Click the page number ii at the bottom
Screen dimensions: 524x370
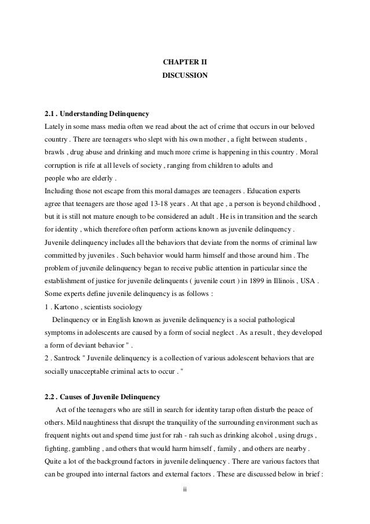tap(184, 490)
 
